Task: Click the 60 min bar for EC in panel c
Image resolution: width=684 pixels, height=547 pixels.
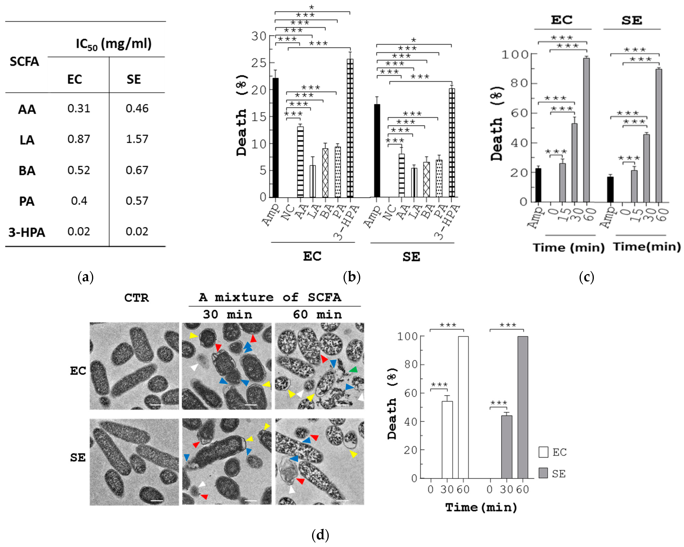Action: coord(586,130)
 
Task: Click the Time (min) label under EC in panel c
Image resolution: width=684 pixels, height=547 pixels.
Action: coord(569,247)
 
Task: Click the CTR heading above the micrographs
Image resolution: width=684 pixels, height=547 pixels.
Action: coord(136,298)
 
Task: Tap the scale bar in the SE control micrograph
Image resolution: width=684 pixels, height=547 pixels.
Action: coord(156,501)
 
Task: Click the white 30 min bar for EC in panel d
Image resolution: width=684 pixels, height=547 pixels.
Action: coord(447,440)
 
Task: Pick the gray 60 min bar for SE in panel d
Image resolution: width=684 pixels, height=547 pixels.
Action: coord(522,407)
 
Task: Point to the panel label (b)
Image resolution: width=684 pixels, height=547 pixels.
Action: coord(351,277)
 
